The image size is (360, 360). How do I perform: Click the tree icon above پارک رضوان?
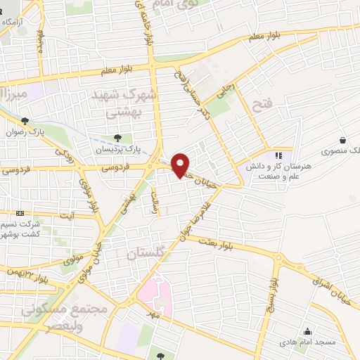(x=26, y=121)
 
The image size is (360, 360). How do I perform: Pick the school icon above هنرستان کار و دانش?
(x=277, y=155)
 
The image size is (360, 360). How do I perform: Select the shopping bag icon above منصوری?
(x=342, y=140)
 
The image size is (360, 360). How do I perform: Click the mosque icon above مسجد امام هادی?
(x=307, y=332)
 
